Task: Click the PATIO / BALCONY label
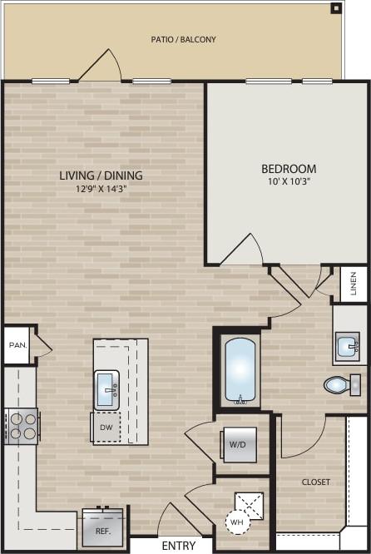pos(183,39)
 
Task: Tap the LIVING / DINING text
pos(101,176)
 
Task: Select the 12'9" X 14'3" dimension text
pos(100,189)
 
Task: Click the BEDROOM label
pos(288,169)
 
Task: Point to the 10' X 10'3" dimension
pos(288,181)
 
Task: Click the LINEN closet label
pos(354,284)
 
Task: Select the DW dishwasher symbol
pos(106,427)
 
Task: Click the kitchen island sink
pos(106,389)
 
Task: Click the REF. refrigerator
pos(103,527)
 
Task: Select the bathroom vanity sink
pos(349,345)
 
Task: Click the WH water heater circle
pos(237,523)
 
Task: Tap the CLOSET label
pos(315,482)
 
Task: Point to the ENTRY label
pos(178,546)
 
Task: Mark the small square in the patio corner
pos(335,8)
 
